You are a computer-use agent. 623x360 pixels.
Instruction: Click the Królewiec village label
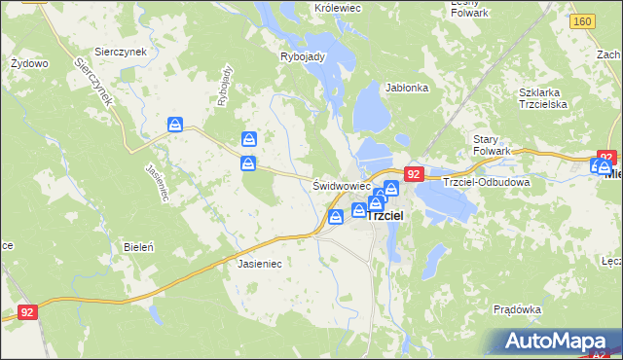337,8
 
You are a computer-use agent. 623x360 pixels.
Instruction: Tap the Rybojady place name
302,56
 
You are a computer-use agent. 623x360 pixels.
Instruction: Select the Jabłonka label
407,88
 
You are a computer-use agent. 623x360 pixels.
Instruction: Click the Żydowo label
29,63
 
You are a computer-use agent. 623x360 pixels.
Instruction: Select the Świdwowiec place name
341,185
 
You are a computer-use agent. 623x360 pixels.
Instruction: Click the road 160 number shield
582,21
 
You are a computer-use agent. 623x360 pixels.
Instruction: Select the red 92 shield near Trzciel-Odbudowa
414,174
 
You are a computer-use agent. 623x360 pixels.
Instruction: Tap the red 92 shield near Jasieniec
27,313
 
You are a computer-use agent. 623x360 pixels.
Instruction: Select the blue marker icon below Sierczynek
175,125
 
